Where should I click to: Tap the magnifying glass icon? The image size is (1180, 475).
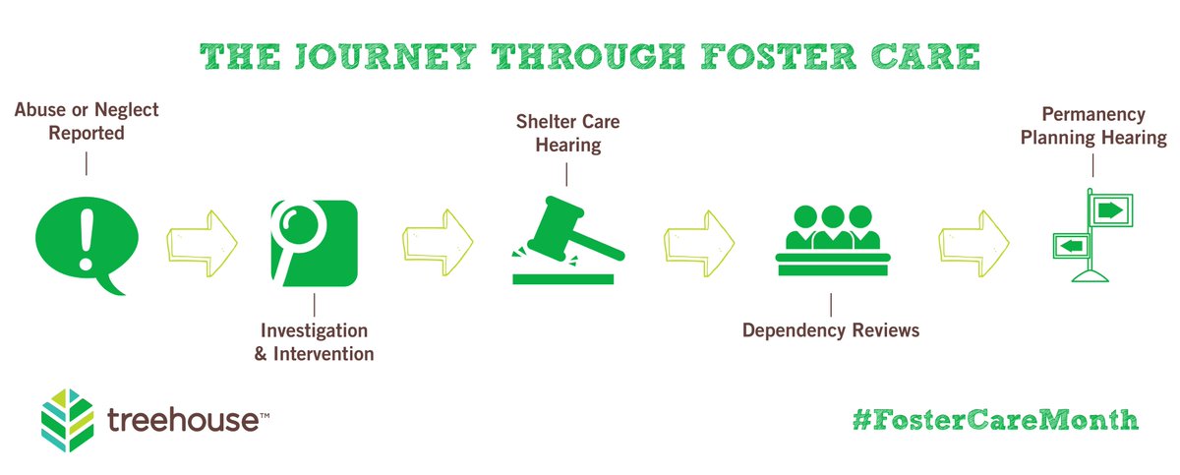coord(312,241)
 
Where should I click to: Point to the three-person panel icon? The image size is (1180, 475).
coord(831,241)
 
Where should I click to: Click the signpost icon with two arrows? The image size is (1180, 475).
coord(1091,236)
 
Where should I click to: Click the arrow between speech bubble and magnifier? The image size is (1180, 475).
coord(203,240)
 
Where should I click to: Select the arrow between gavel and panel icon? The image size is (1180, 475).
coord(700,240)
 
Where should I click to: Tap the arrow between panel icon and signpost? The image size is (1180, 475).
coord(974,240)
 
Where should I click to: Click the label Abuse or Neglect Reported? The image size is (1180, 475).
coord(87,122)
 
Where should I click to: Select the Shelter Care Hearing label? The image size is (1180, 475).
coord(567,134)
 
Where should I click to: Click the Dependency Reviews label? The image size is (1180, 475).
coord(831,330)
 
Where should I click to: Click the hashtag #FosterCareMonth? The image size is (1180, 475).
coord(995,419)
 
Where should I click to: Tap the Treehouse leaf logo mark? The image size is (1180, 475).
coord(68,417)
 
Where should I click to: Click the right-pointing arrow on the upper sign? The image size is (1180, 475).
coord(1110,209)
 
